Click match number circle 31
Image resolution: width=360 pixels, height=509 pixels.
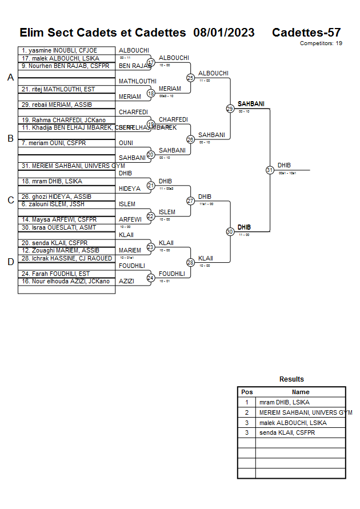pos(270,170)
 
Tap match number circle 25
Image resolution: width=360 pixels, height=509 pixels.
pos(190,78)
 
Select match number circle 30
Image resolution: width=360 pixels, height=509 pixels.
pos(230,231)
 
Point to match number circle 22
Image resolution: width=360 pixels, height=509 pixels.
pos(151,216)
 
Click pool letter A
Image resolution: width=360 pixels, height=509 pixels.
pos(10,78)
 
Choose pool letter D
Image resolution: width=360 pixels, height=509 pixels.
pos(10,262)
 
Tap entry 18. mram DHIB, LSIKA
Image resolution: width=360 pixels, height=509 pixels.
pos(52,181)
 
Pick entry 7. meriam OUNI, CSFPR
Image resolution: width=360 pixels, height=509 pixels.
pos(53,143)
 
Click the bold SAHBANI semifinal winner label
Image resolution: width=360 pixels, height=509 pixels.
pos(251,104)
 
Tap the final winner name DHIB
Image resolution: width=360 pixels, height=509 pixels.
pos(284,166)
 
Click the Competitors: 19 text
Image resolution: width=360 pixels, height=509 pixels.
pos(321,43)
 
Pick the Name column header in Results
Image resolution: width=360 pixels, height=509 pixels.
pos(301,392)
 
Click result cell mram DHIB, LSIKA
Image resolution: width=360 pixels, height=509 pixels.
pos(284,402)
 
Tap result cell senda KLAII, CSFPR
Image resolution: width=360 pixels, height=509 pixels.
pos(286,432)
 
